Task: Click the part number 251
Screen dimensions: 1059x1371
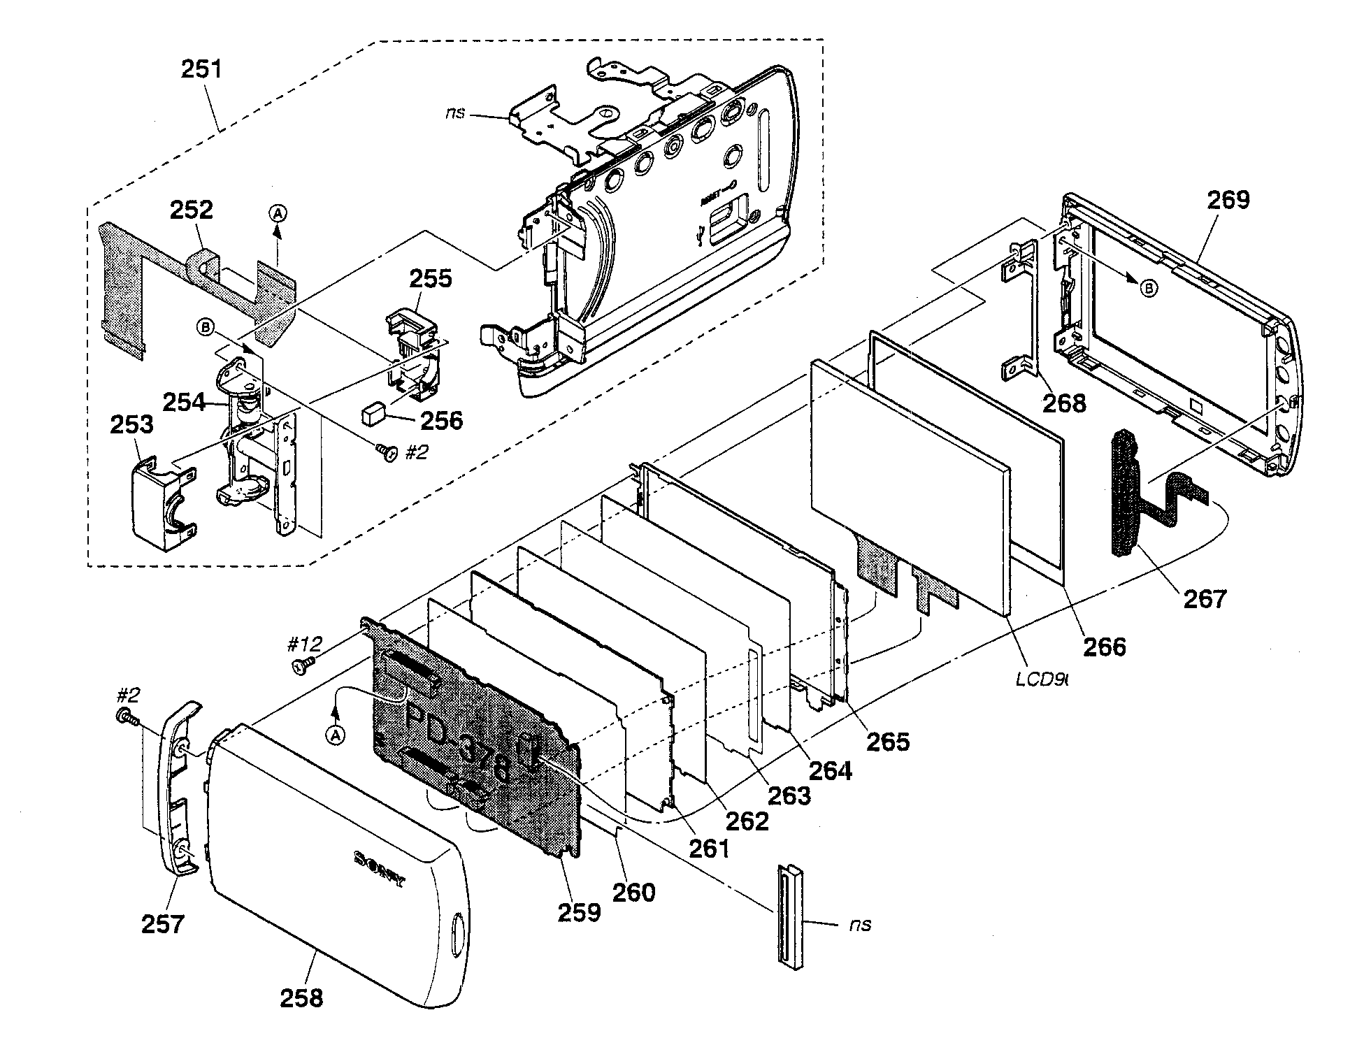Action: [201, 69]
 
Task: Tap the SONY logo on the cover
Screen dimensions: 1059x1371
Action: [379, 869]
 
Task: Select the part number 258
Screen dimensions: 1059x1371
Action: [302, 997]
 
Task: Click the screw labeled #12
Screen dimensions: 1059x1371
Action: [303, 665]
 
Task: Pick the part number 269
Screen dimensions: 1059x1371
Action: [1228, 200]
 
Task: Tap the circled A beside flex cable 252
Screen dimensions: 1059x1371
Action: [278, 214]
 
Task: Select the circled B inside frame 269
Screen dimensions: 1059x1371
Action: [1148, 289]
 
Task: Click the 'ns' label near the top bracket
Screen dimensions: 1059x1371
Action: [455, 113]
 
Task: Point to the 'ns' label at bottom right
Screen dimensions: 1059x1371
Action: [860, 924]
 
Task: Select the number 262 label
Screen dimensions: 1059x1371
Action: [747, 821]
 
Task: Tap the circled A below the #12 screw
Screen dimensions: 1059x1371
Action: [336, 735]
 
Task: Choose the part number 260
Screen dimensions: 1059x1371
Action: [633, 893]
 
